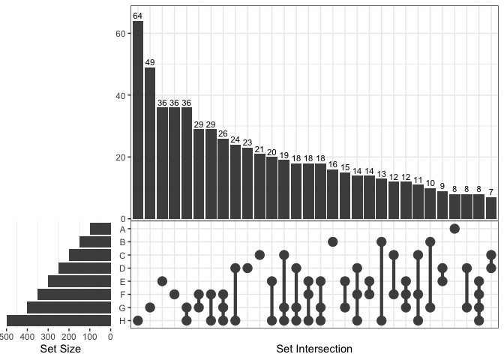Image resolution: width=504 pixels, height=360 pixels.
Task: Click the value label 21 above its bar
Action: coord(259,149)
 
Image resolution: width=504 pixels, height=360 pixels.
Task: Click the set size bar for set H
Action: coord(59,321)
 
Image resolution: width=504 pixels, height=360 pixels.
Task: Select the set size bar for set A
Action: coord(100,229)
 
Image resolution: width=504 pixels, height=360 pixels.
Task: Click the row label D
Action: coord(122,268)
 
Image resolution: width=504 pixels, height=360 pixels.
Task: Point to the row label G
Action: coord(122,307)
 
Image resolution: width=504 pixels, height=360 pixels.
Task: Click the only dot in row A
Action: coord(454,229)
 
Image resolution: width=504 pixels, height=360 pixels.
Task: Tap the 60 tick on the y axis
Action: coord(121,34)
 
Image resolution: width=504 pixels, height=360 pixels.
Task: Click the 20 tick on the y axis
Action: coord(121,157)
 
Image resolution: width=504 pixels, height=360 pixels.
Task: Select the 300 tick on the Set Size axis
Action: coord(49,336)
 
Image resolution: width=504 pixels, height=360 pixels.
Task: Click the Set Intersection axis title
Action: coord(314,349)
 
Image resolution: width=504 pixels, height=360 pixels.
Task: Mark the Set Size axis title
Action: coord(60,349)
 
